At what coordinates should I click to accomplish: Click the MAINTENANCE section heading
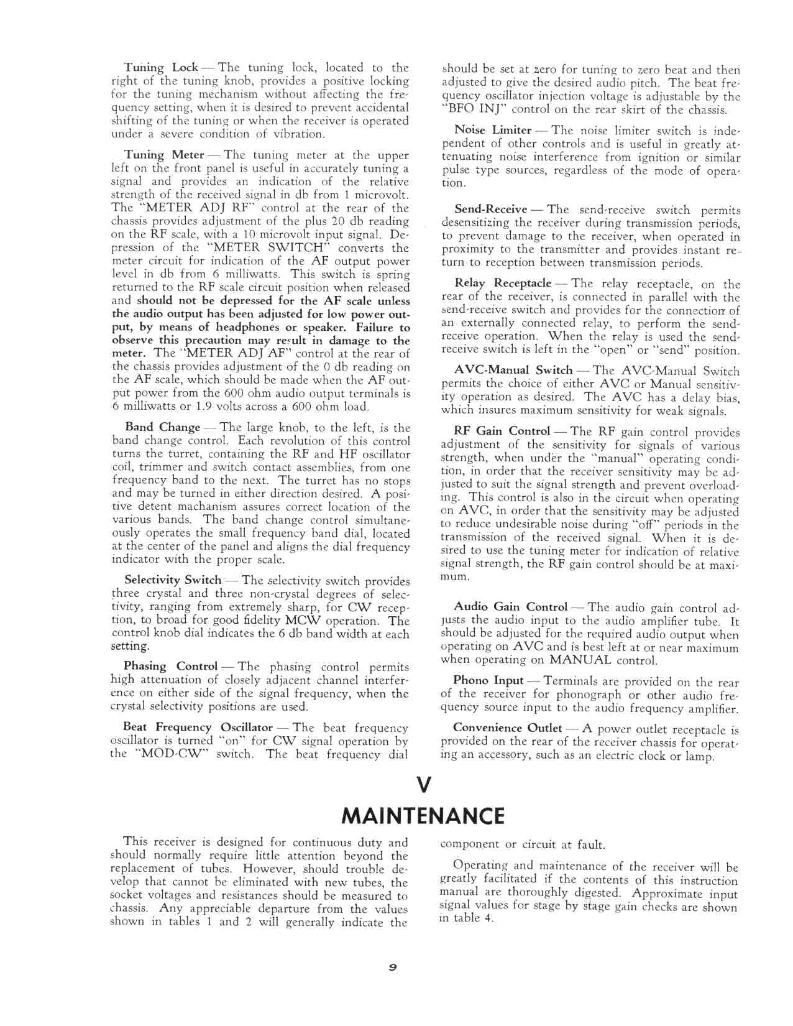423,815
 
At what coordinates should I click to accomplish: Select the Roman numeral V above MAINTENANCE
423,786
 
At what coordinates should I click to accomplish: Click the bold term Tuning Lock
161,67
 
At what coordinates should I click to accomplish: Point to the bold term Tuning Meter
164,155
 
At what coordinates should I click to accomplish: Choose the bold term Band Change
163,427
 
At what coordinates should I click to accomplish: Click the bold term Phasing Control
170,667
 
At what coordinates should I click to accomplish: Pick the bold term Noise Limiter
493,130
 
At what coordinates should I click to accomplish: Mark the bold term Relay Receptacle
503,284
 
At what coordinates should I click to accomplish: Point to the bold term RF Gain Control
502,431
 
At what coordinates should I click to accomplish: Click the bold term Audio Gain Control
511,606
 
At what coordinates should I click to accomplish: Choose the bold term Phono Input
488,681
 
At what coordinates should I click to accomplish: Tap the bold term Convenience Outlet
507,728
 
